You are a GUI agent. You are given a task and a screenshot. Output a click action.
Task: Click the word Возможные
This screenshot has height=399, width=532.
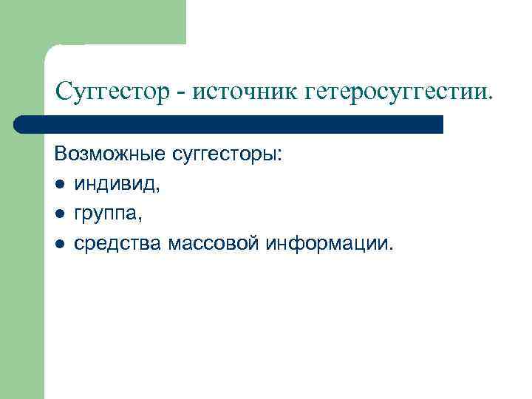coord(109,157)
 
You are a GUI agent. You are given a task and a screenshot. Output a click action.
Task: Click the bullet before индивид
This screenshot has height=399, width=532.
coord(59,186)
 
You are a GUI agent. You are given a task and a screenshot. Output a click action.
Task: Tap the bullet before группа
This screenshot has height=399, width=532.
coord(59,215)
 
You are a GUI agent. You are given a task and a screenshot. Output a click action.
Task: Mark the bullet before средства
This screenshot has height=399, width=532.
coord(59,244)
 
